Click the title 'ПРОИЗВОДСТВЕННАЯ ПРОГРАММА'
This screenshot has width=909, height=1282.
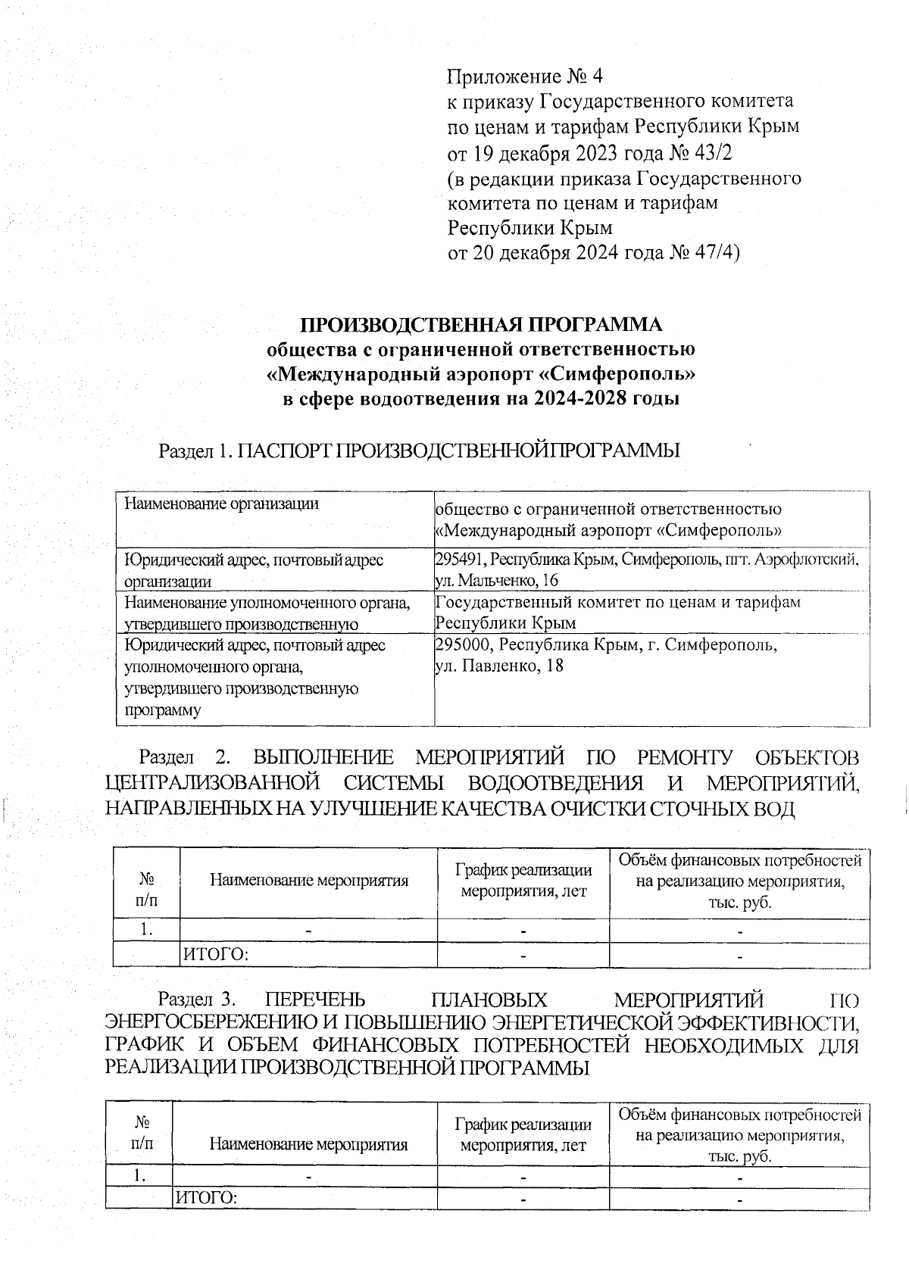(x=482, y=326)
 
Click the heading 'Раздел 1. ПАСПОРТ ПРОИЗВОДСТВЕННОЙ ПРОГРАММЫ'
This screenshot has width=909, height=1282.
(x=419, y=451)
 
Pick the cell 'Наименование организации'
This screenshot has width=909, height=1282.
(x=221, y=504)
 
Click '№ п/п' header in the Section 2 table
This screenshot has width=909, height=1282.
(x=146, y=891)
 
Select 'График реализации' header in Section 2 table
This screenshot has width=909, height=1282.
(x=523, y=871)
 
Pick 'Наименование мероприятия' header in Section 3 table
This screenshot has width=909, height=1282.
(x=308, y=1145)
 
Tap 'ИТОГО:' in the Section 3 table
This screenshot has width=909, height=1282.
(x=206, y=1198)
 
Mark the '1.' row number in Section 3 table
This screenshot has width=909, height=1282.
(x=139, y=1176)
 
